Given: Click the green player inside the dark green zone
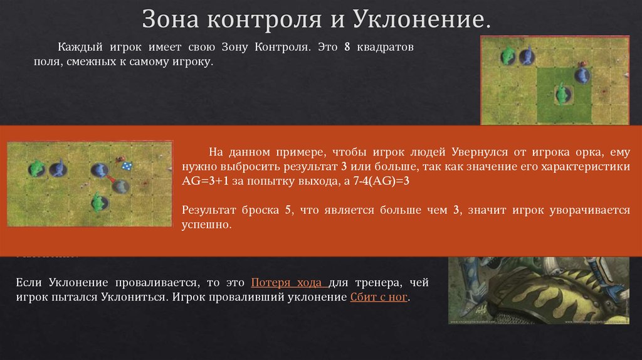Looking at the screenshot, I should tap(563, 95).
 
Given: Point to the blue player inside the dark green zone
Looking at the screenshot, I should tap(582, 75).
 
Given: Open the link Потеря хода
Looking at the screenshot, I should tap(286, 282).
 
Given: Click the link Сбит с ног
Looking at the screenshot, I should tap(379, 297).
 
